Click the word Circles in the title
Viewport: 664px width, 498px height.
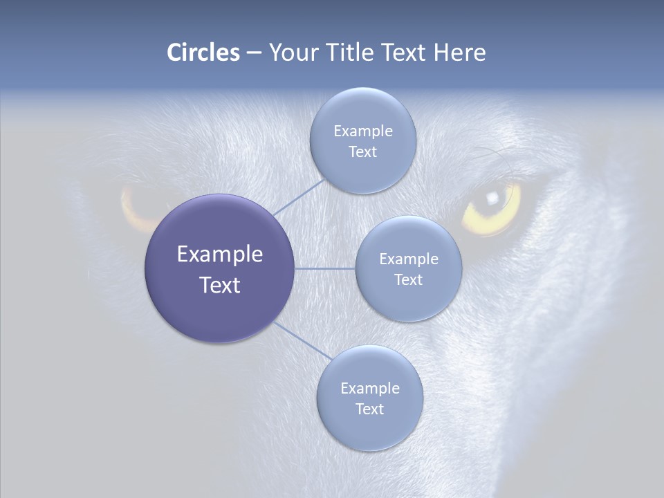point(203,53)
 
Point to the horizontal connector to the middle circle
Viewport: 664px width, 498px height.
point(324,268)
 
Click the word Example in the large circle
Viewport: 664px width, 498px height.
point(220,255)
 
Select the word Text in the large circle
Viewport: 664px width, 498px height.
point(220,285)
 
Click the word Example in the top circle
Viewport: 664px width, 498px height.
point(362,131)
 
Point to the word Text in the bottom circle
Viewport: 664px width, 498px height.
point(369,409)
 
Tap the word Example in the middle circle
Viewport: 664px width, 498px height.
point(409,259)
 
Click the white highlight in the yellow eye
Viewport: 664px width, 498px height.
point(492,198)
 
